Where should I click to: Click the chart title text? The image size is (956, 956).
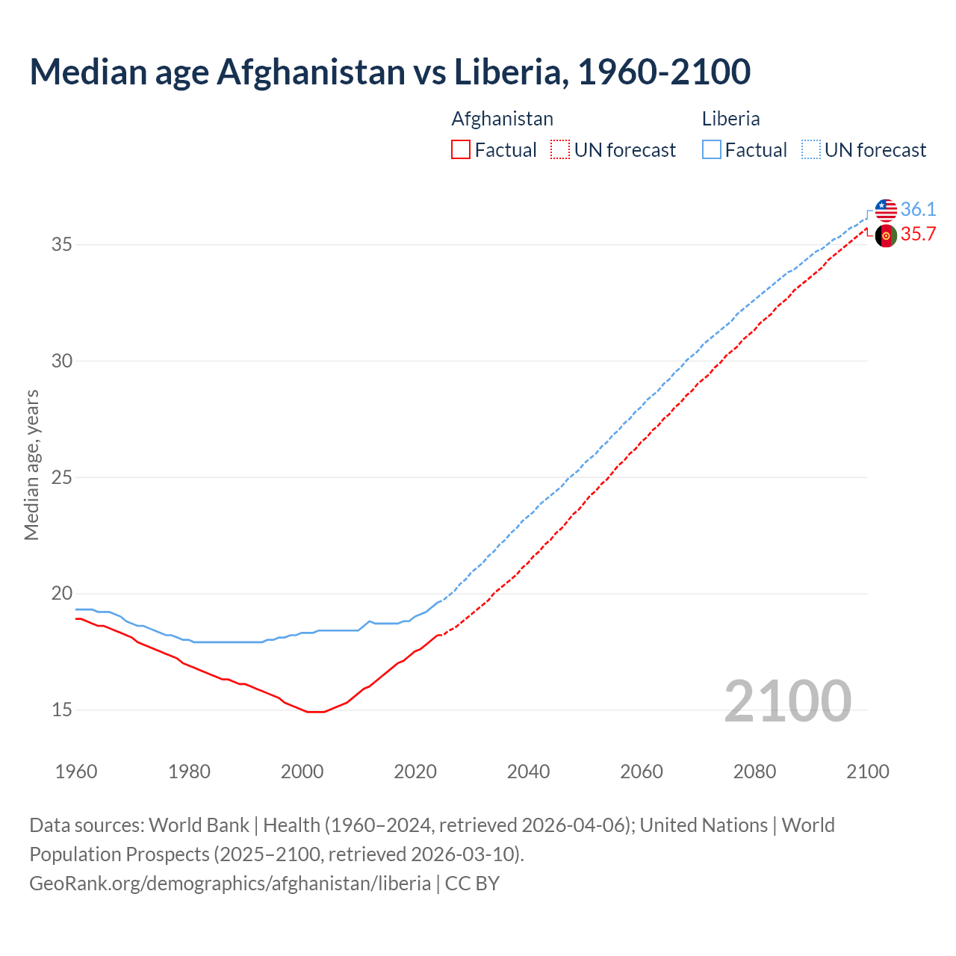point(390,72)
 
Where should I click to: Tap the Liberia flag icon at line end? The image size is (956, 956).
point(886,210)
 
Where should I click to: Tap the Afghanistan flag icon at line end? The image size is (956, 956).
point(886,235)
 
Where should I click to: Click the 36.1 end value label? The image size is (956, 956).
point(918,209)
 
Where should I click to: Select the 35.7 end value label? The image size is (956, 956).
point(918,235)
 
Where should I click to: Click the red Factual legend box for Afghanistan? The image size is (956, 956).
point(461,150)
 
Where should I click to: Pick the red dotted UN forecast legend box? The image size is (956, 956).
point(560,150)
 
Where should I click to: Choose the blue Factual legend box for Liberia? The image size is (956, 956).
point(712,150)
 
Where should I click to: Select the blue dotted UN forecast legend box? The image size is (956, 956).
point(811,150)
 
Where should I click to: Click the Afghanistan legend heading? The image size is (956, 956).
point(502,119)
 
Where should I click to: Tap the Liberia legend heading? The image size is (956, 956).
point(730,119)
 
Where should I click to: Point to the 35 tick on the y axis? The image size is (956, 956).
point(61,244)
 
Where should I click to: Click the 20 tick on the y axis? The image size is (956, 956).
point(61,594)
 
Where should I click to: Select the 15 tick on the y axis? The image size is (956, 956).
point(61,710)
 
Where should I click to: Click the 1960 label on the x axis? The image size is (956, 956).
point(76,772)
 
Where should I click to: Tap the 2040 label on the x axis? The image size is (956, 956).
point(528,772)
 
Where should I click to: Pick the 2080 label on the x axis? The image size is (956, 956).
point(754,772)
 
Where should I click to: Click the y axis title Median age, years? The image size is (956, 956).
point(31,465)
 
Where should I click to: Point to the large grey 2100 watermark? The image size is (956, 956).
point(787,701)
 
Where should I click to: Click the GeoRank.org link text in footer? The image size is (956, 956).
point(230,883)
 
